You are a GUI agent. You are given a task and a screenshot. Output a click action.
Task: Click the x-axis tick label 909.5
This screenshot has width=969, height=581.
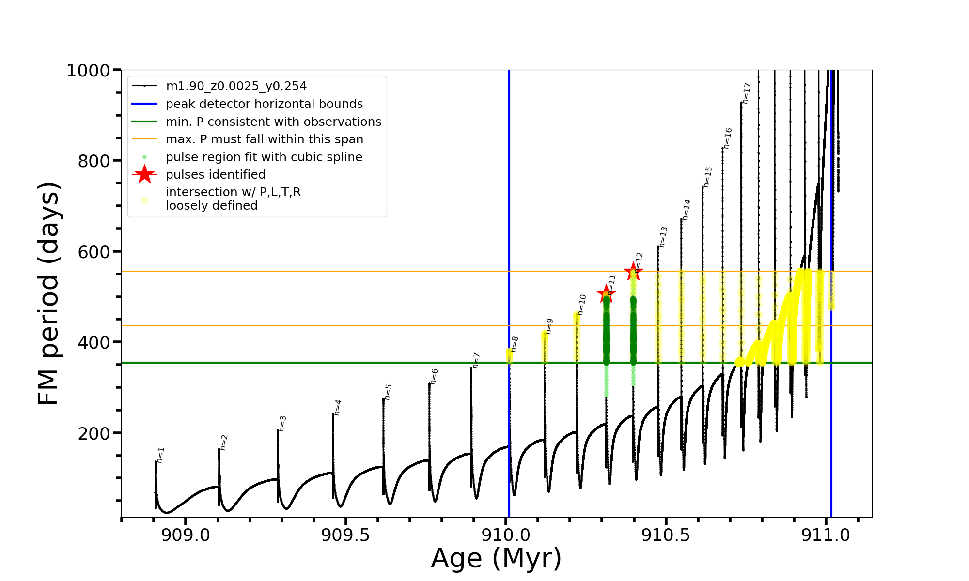(x=345, y=535)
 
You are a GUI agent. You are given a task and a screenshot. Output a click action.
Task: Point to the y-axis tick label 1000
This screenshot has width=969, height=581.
(x=88, y=71)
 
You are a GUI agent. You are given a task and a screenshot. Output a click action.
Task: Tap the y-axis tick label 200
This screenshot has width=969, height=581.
(x=94, y=433)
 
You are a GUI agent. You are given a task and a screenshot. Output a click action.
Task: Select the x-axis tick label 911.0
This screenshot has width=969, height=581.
(x=826, y=535)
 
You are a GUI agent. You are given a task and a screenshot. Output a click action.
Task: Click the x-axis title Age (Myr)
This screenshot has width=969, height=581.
(x=496, y=558)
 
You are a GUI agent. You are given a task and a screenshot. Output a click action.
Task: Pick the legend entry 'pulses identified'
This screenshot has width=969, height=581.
(x=216, y=175)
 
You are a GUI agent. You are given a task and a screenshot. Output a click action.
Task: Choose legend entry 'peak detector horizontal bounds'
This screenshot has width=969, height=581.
(x=264, y=104)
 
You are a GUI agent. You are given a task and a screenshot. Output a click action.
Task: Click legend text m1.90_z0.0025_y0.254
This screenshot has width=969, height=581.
(x=236, y=86)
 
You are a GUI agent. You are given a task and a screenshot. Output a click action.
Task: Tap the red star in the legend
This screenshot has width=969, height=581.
(x=144, y=174)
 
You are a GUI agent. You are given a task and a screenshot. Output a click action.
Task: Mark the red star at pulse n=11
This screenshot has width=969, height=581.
(x=606, y=293)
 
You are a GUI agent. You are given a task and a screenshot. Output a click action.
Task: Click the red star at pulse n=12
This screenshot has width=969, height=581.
(x=633, y=271)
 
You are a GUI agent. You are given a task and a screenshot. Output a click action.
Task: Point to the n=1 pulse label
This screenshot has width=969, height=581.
(x=161, y=455)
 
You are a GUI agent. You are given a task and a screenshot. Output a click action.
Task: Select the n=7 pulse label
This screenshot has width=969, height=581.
(x=476, y=360)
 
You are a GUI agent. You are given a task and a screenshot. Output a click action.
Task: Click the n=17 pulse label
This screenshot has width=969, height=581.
(x=747, y=93)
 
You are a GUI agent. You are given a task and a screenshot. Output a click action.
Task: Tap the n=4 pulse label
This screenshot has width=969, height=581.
(x=338, y=407)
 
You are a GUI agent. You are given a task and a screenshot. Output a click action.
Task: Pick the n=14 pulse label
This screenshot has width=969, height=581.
(x=687, y=210)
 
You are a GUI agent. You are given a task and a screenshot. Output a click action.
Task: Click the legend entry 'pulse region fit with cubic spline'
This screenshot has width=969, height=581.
(x=264, y=157)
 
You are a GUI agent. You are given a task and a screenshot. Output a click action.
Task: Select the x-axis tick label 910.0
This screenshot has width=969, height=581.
(x=505, y=535)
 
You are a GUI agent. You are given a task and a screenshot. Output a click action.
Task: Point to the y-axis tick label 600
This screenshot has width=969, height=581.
(x=94, y=252)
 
